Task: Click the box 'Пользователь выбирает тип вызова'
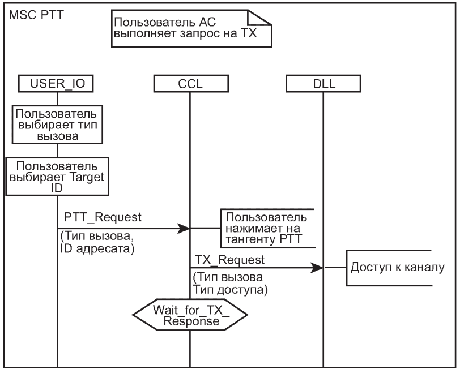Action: point(57,123)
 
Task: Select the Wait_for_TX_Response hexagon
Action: point(190,315)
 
